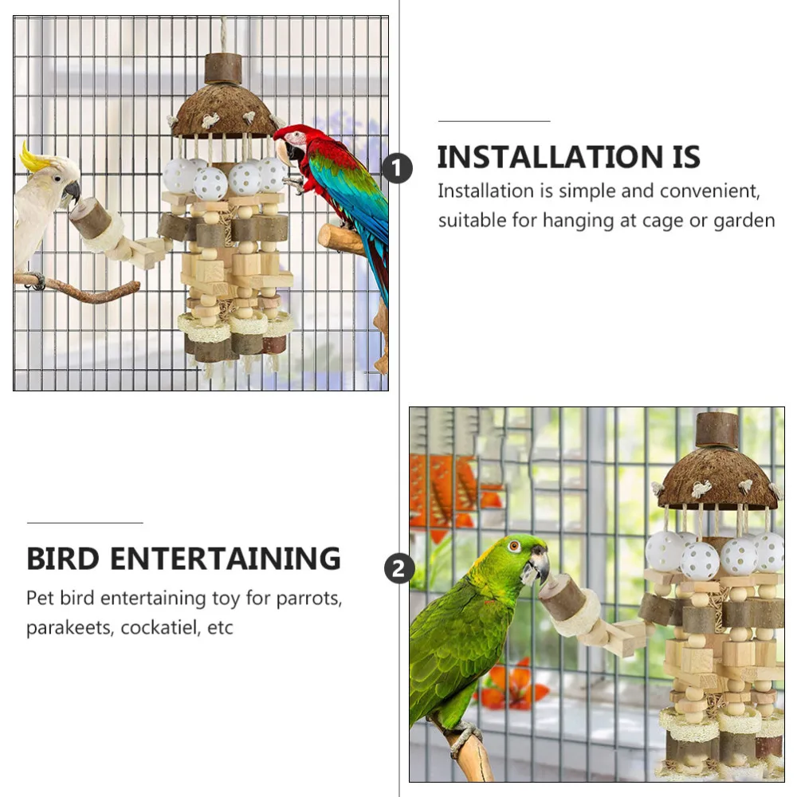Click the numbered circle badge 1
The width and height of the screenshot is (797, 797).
pyautogui.click(x=398, y=169)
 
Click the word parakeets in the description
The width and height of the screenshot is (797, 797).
pyautogui.click(x=69, y=627)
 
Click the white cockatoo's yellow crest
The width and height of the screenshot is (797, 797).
pyautogui.click(x=33, y=157)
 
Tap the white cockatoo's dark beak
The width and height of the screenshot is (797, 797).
pyautogui.click(x=71, y=192)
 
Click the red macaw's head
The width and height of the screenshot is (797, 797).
pyautogui.click(x=293, y=141)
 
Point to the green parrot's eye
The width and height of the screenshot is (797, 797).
pyautogui.click(x=514, y=546)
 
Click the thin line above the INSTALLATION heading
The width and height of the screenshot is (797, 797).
pyautogui.click(x=494, y=121)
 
